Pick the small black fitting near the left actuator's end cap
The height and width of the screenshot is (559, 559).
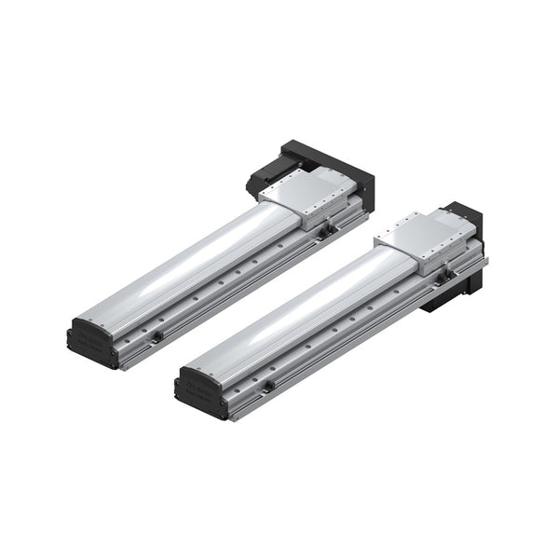coord(157,336)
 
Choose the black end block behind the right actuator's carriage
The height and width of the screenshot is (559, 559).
coord(466,216)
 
